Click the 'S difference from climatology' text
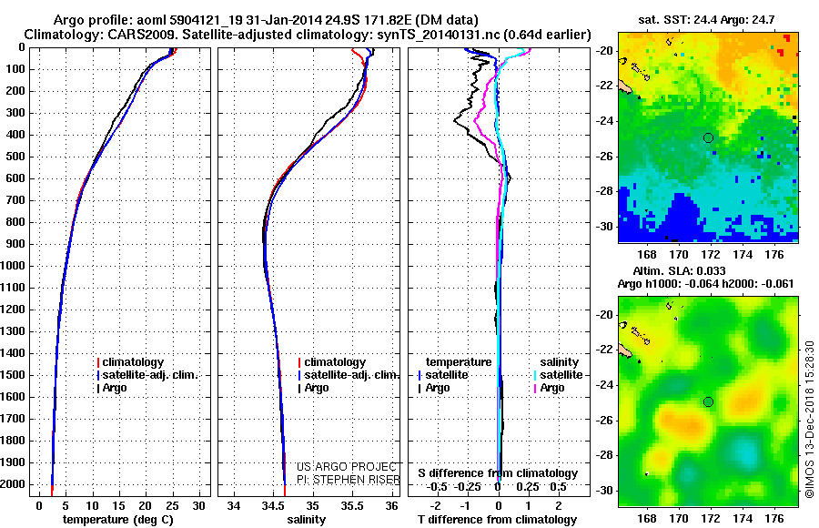tap(498, 473)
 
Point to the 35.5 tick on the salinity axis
tap(351, 505)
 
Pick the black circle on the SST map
tap(708, 137)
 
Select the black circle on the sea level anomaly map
tap(708, 401)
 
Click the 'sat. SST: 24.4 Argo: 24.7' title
tap(707, 19)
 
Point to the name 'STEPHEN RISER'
tap(359, 478)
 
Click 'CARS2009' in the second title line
tap(118, 34)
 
